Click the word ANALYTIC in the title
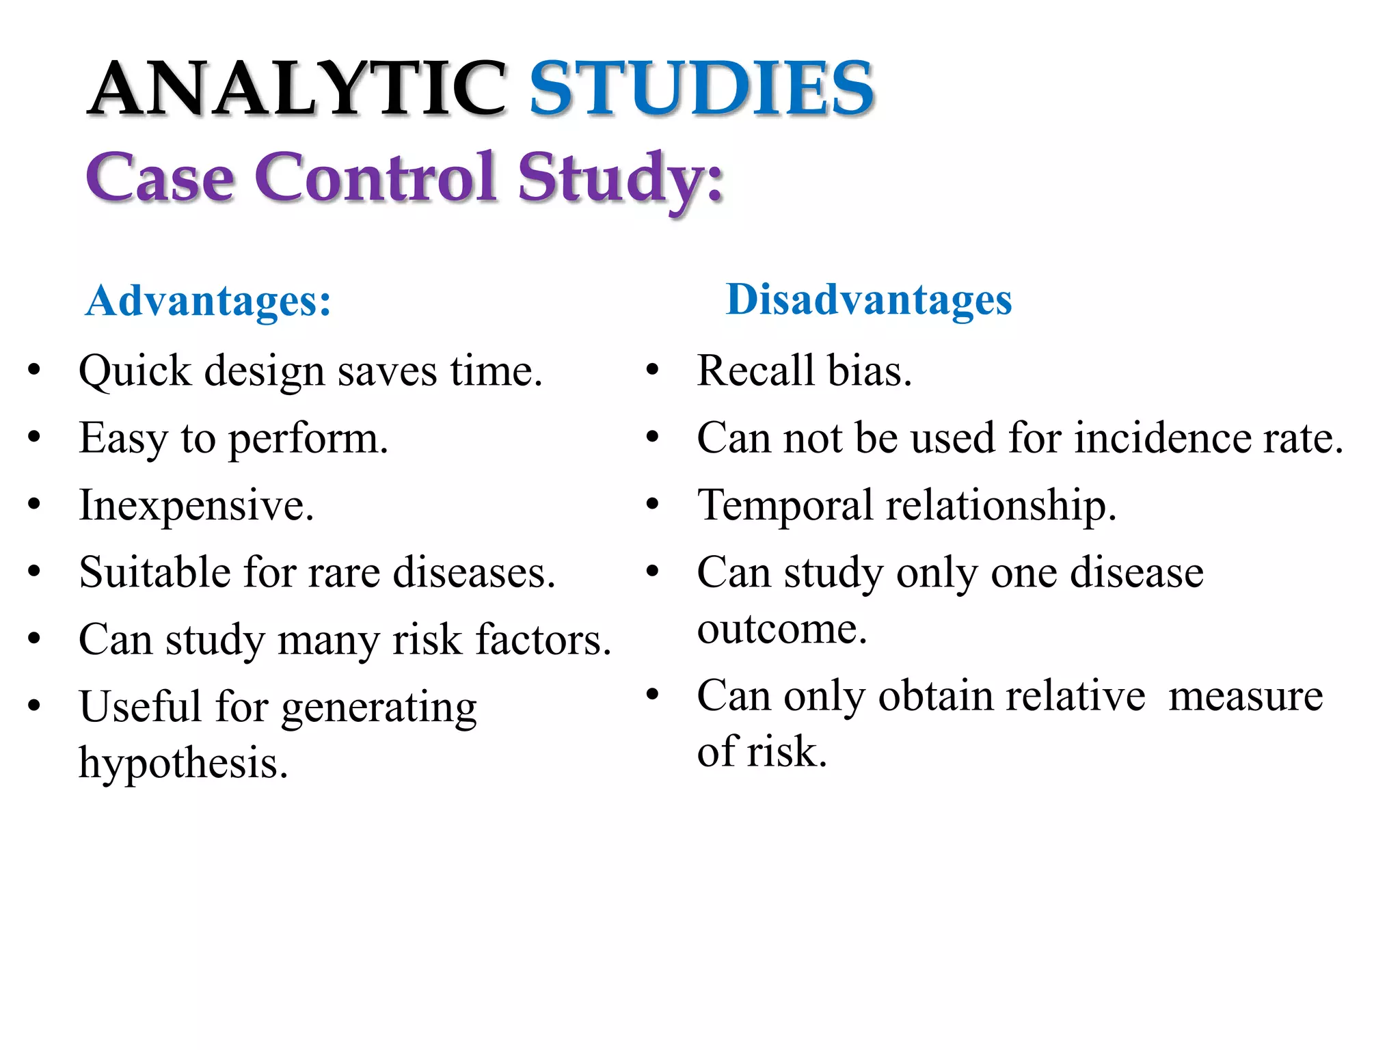(x=297, y=89)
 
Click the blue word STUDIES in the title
(x=701, y=89)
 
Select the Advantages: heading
(x=208, y=301)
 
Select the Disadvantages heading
(x=868, y=299)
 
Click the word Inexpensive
(x=196, y=506)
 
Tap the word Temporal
(x=785, y=506)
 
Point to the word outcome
(x=781, y=629)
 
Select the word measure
(x=1246, y=697)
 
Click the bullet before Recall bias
(x=652, y=371)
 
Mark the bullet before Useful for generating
(x=34, y=705)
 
